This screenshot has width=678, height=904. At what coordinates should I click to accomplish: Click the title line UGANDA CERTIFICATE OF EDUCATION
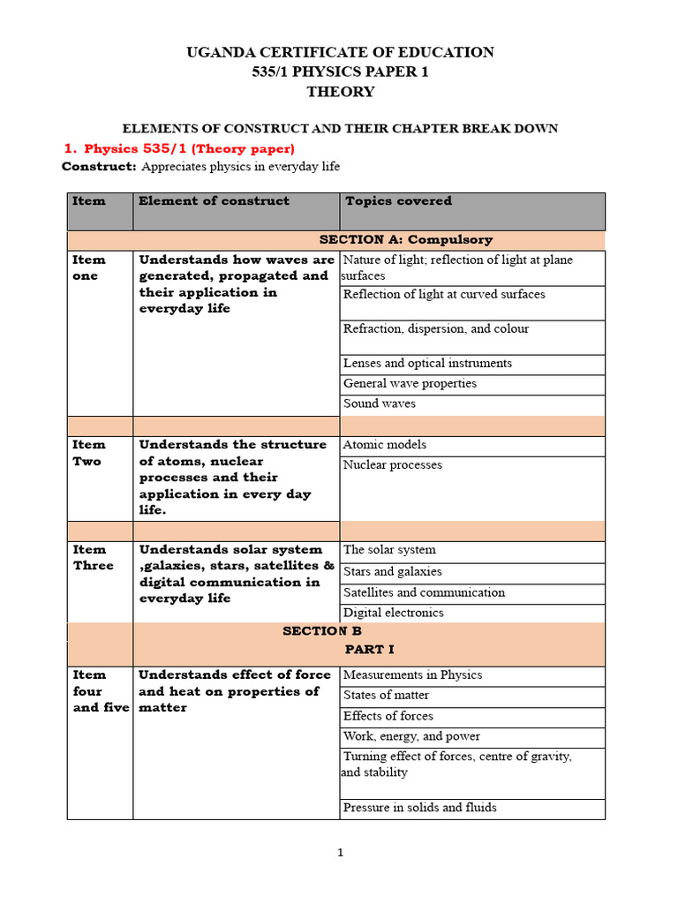[340, 53]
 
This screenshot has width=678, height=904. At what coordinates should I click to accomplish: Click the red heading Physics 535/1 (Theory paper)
[189, 148]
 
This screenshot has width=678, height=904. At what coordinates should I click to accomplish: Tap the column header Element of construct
[214, 201]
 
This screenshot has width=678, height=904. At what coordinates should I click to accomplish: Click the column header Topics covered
[398, 201]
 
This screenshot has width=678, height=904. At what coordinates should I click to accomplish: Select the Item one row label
[89, 267]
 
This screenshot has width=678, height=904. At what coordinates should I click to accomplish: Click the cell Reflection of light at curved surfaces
[444, 295]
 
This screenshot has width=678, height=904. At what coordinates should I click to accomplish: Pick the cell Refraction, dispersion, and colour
[436, 329]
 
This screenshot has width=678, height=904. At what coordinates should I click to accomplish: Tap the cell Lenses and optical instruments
[427, 364]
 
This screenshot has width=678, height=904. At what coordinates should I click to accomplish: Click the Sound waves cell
[380, 404]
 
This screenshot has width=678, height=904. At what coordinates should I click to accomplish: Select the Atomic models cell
[384, 445]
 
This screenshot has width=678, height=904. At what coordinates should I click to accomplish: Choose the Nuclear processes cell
[393, 465]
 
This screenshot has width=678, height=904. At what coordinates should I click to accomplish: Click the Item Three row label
[94, 558]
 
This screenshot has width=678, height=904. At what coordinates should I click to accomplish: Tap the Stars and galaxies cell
[393, 572]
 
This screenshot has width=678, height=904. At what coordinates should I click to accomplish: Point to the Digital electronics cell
[394, 613]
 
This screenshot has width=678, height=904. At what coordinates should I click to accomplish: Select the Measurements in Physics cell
[412, 675]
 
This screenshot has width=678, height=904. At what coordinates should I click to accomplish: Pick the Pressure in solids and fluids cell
[420, 808]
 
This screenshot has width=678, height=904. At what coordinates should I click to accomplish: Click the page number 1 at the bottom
[339, 853]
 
